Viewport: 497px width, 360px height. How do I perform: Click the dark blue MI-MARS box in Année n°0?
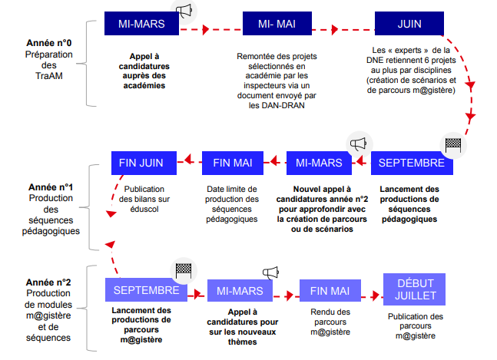141,24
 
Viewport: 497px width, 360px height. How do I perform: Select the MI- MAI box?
277,24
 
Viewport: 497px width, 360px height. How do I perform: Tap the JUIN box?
409,24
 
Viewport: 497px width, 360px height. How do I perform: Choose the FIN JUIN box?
144,163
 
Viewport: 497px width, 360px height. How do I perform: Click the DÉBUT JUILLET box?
414,289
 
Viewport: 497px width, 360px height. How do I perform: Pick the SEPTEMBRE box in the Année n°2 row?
146,289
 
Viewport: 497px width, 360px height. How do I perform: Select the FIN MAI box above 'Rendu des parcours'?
330,290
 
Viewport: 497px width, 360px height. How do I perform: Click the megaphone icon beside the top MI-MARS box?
184,11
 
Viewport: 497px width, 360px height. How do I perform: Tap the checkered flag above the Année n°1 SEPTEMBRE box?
453,145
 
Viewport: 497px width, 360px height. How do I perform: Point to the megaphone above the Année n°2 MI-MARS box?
270,272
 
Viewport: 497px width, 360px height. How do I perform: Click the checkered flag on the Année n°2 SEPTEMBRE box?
184,271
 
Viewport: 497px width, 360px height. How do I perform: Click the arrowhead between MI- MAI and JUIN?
335,30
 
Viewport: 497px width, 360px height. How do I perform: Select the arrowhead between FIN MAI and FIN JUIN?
189,159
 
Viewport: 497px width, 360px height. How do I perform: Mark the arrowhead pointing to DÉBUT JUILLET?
376,296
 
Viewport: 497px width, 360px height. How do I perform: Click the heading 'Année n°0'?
49,43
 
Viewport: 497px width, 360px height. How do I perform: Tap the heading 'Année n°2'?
48,282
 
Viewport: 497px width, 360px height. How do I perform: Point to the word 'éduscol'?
144,209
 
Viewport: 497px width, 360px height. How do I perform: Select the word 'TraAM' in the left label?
49,76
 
